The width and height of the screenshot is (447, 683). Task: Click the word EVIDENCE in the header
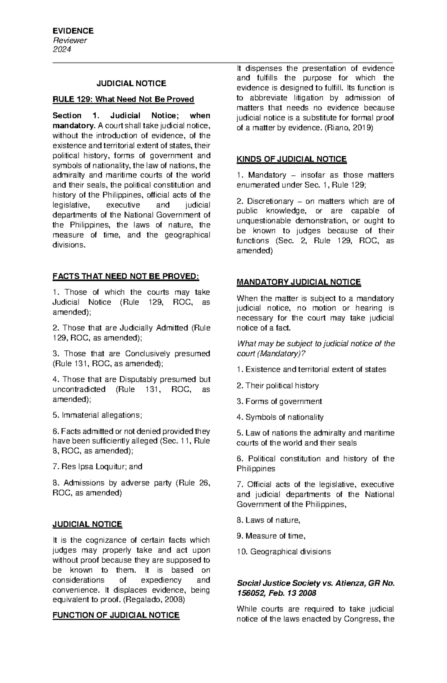click(73, 31)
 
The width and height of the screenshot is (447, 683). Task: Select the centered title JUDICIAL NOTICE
click(131, 83)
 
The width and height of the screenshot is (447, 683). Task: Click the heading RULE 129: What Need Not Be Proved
click(123, 99)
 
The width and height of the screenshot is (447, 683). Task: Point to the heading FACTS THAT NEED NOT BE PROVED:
click(126, 277)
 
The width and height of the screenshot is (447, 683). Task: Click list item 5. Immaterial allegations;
click(97, 415)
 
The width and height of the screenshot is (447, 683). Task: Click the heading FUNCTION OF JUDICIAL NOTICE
click(116, 615)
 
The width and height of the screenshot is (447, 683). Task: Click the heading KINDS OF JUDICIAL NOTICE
click(292, 159)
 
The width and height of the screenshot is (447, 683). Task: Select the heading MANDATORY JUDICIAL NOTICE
click(299, 282)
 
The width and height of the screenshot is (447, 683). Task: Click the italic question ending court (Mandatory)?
click(271, 354)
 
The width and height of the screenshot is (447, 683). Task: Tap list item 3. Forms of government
click(279, 402)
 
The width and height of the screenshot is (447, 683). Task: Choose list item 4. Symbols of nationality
click(280, 417)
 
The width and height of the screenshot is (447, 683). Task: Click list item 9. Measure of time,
click(271, 536)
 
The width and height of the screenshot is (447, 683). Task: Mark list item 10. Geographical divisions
click(283, 552)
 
